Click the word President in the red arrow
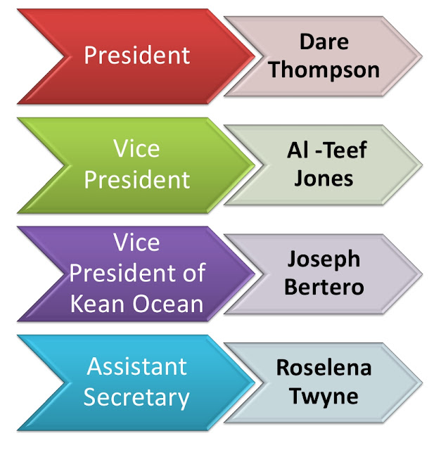[137, 56]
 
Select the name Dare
[325, 41]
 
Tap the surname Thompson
[325, 70]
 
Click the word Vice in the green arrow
[136, 149]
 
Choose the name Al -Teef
[327, 149]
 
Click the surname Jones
[325, 177]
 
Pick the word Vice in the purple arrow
[136, 243]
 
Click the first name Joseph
[324, 258]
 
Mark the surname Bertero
[324, 287]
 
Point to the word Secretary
[136, 397]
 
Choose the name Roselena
[324, 367]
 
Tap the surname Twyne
[324, 396]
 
